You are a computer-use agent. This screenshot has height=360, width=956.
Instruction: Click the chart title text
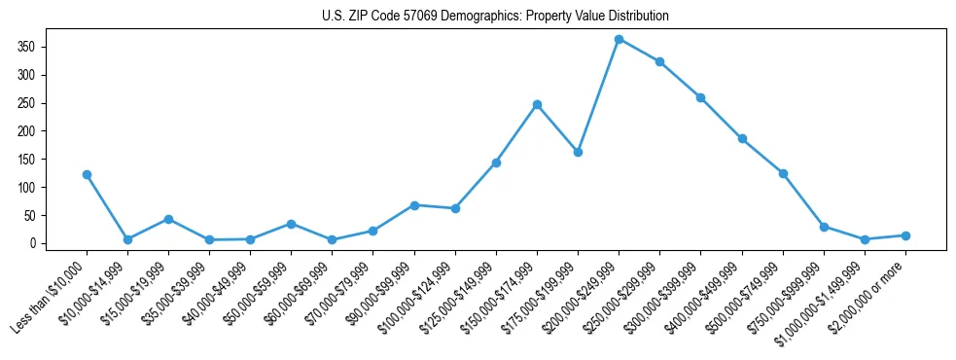pyautogui.click(x=495, y=17)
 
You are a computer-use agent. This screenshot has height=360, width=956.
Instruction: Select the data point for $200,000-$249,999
pyautogui.click(x=619, y=39)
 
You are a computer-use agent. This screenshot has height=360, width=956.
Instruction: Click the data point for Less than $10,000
pyautogui.click(x=87, y=174)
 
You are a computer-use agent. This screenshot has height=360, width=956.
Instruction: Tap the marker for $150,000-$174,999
pyautogui.click(x=537, y=104)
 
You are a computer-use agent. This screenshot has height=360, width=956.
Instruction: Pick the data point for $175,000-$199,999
pyautogui.click(x=578, y=152)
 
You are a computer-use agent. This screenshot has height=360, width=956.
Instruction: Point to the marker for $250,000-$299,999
pyautogui.click(x=659, y=61)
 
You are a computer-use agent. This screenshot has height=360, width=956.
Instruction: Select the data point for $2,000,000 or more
pyautogui.click(x=905, y=235)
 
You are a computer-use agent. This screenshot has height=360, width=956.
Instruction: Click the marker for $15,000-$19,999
pyautogui.click(x=168, y=219)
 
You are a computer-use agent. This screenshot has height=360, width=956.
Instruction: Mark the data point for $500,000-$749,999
pyautogui.click(x=783, y=173)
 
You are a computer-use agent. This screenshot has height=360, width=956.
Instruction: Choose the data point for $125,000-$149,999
pyautogui.click(x=496, y=162)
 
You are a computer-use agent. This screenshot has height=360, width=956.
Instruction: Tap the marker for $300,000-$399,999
pyautogui.click(x=700, y=97)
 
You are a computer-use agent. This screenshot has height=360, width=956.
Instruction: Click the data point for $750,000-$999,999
pyautogui.click(x=824, y=227)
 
